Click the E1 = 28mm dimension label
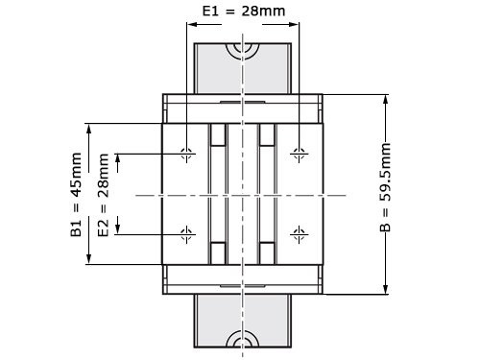pyautogui.click(x=243, y=13)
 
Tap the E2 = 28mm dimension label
pyautogui.click(x=104, y=193)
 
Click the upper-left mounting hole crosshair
pyautogui.click(x=186, y=153)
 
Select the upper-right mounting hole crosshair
pyautogui.click(x=300, y=153)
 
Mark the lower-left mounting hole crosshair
pyautogui.click(x=186, y=233)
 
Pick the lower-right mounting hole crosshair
pyautogui.click(x=300, y=233)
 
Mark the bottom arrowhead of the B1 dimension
pyautogui.click(x=88, y=259)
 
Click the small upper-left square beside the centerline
pyautogui.click(x=218, y=134)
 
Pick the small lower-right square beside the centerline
pyautogui.click(x=268, y=252)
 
